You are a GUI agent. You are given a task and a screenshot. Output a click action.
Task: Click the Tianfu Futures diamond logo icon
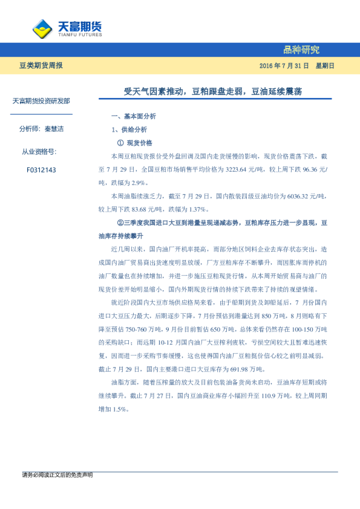click(42, 28)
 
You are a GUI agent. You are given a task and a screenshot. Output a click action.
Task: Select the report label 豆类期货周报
click(41, 65)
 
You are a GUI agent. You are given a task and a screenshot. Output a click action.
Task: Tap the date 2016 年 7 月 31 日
click(284, 65)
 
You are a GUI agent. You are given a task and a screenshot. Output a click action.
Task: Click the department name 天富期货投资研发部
click(41, 101)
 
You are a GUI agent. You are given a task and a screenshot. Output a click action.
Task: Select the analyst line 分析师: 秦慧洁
click(41, 129)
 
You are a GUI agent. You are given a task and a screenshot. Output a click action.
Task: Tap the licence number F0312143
click(41, 170)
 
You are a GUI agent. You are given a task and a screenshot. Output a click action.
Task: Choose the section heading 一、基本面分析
click(134, 115)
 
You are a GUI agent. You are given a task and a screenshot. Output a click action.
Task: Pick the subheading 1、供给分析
click(129, 129)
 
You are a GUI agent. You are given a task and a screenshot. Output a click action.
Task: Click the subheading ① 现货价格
click(134, 143)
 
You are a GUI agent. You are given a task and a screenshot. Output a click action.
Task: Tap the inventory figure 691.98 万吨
click(234, 369)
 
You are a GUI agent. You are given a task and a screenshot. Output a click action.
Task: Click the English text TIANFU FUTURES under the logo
click(79, 34)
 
